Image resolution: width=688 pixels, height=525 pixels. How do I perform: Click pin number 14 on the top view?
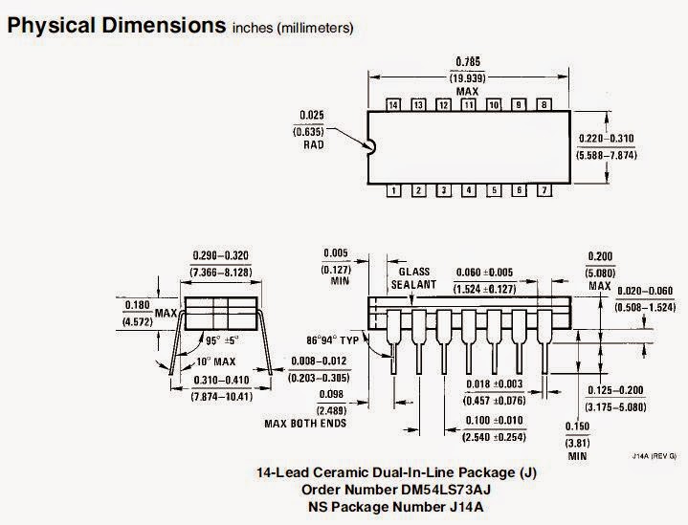(393, 104)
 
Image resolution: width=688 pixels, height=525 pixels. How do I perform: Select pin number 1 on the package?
(393, 190)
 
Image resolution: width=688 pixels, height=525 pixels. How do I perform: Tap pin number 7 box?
(544, 190)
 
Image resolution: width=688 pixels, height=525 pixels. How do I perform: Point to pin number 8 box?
(544, 104)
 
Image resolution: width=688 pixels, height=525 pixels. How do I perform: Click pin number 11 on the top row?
(468, 104)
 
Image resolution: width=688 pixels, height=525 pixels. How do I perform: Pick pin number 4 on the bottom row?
(469, 190)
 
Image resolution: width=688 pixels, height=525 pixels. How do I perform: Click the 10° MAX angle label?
(216, 361)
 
